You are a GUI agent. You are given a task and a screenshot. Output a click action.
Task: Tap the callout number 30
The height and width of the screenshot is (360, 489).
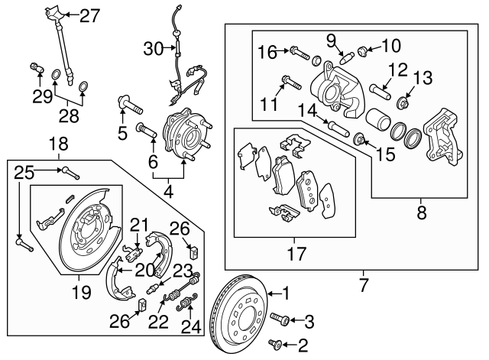(x=154, y=49)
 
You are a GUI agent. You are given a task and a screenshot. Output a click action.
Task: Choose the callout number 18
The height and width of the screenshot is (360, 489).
(x=59, y=144)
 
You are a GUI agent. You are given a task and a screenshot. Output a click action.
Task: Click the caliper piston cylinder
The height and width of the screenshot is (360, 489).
(x=380, y=122)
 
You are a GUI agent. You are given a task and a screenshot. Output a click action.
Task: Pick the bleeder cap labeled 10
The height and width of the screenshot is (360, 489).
(x=363, y=53)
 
